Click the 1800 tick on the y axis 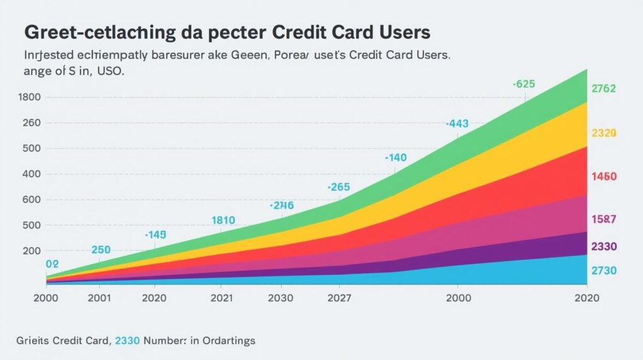(31, 97)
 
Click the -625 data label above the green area (524, 84)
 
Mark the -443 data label (458, 124)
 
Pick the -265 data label (339, 187)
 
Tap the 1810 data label (223, 220)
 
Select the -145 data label (155, 234)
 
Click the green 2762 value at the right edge (603, 89)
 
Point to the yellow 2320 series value (603, 133)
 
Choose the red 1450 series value (603, 177)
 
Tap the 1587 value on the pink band (603, 219)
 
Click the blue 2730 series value (603, 271)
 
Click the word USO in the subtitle (109, 71)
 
